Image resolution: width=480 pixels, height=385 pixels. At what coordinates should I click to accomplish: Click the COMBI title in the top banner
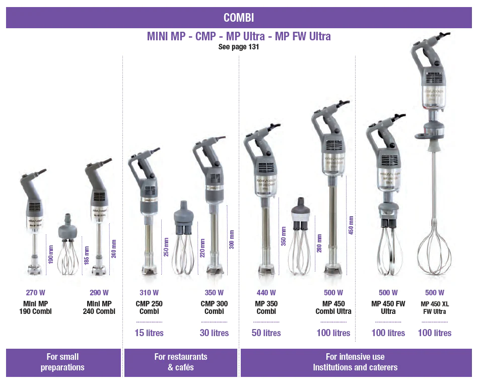click(239, 18)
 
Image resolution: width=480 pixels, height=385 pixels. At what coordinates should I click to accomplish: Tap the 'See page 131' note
click(239, 47)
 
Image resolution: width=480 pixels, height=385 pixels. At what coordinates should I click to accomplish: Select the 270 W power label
click(35, 293)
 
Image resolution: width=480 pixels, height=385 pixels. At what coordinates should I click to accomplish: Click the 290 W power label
click(99, 293)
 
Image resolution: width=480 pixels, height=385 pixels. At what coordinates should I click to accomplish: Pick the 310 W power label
click(149, 293)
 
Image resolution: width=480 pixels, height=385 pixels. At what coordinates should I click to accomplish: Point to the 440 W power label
click(266, 293)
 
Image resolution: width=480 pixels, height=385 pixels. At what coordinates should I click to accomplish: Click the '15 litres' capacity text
click(149, 333)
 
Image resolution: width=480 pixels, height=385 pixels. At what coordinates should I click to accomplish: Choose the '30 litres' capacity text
click(214, 333)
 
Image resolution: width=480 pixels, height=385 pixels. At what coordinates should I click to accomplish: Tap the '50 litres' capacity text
click(266, 333)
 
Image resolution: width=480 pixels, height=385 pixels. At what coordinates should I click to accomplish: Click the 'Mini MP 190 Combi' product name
click(35, 307)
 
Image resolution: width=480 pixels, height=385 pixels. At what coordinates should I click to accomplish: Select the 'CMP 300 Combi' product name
click(214, 307)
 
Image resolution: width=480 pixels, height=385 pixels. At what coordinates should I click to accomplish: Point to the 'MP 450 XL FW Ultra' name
click(434, 307)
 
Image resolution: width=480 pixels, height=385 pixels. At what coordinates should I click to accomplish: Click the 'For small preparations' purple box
click(63, 362)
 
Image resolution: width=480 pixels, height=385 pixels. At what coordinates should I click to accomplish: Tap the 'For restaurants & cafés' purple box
click(181, 362)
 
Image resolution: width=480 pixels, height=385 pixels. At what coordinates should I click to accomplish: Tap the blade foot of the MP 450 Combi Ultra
click(332, 270)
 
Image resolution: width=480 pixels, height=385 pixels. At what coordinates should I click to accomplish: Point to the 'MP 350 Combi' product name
click(266, 307)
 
